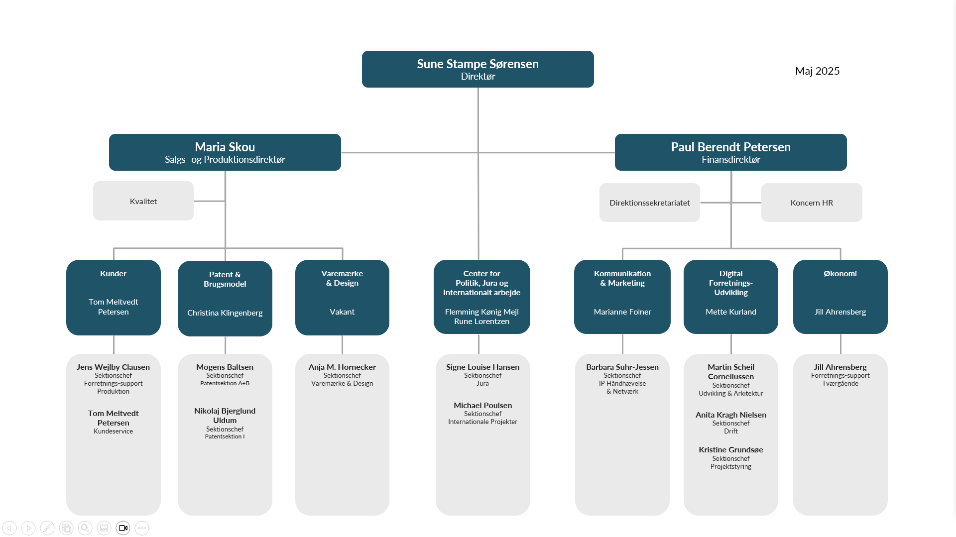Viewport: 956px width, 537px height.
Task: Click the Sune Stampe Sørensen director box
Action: (x=478, y=69)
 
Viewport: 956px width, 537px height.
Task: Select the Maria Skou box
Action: (x=225, y=152)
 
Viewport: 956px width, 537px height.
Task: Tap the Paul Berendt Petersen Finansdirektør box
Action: (x=730, y=152)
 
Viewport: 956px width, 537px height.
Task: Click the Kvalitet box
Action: (x=143, y=201)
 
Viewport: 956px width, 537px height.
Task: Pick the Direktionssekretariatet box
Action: (x=650, y=203)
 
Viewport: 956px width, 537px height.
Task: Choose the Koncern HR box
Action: (x=812, y=203)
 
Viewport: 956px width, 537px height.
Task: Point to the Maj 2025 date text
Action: (x=817, y=71)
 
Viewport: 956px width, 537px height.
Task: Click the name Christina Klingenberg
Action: (x=225, y=313)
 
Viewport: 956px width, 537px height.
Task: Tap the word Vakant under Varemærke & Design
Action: (x=342, y=312)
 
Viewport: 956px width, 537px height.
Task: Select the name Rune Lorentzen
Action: (x=481, y=322)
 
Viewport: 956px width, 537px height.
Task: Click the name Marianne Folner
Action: (x=622, y=312)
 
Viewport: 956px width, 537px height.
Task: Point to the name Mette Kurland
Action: (x=730, y=312)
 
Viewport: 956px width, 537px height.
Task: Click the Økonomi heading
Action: (x=840, y=273)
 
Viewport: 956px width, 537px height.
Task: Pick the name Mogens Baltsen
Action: (x=225, y=367)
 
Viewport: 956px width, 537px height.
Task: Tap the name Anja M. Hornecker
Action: (x=342, y=367)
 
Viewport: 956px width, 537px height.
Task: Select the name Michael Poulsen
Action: (x=482, y=405)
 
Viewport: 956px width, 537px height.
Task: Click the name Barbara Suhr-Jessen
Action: (x=622, y=367)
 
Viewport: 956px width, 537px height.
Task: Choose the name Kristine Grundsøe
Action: (x=730, y=449)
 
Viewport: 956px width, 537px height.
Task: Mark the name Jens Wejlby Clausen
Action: (x=113, y=367)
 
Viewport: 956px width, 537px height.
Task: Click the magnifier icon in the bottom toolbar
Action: (x=85, y=528)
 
